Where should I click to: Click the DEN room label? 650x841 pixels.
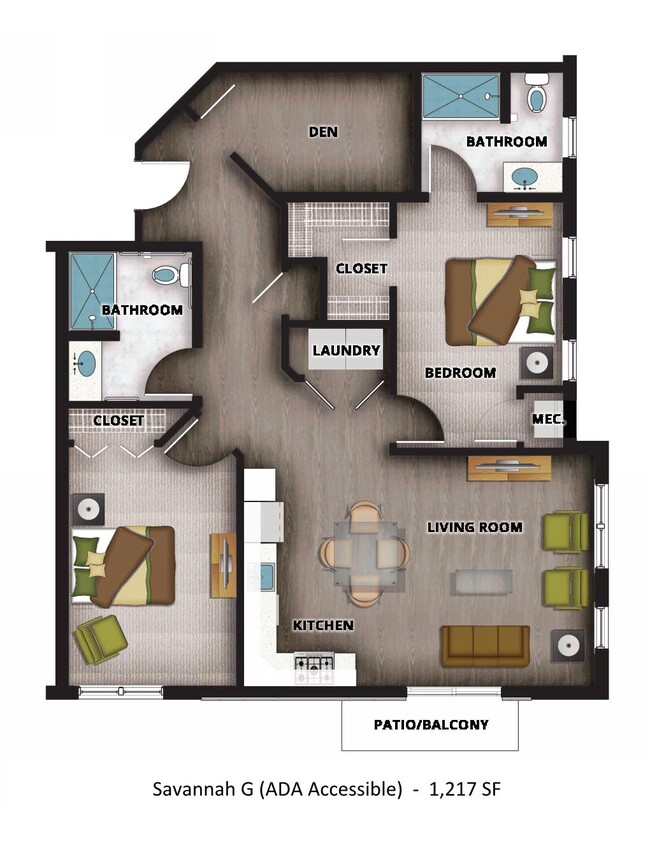click(321, 131)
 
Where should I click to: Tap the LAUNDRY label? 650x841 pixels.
click(346, 351)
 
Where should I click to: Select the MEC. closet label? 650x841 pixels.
click(549, 420)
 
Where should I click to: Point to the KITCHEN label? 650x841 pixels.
click(323, 625)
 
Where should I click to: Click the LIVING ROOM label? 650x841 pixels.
click(475, 527)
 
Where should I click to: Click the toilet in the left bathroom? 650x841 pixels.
click(169, 273)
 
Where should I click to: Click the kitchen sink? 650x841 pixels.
click(268, 576)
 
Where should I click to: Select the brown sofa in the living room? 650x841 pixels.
click(485, 646)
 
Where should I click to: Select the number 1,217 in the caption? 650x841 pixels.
click(451, 789)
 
